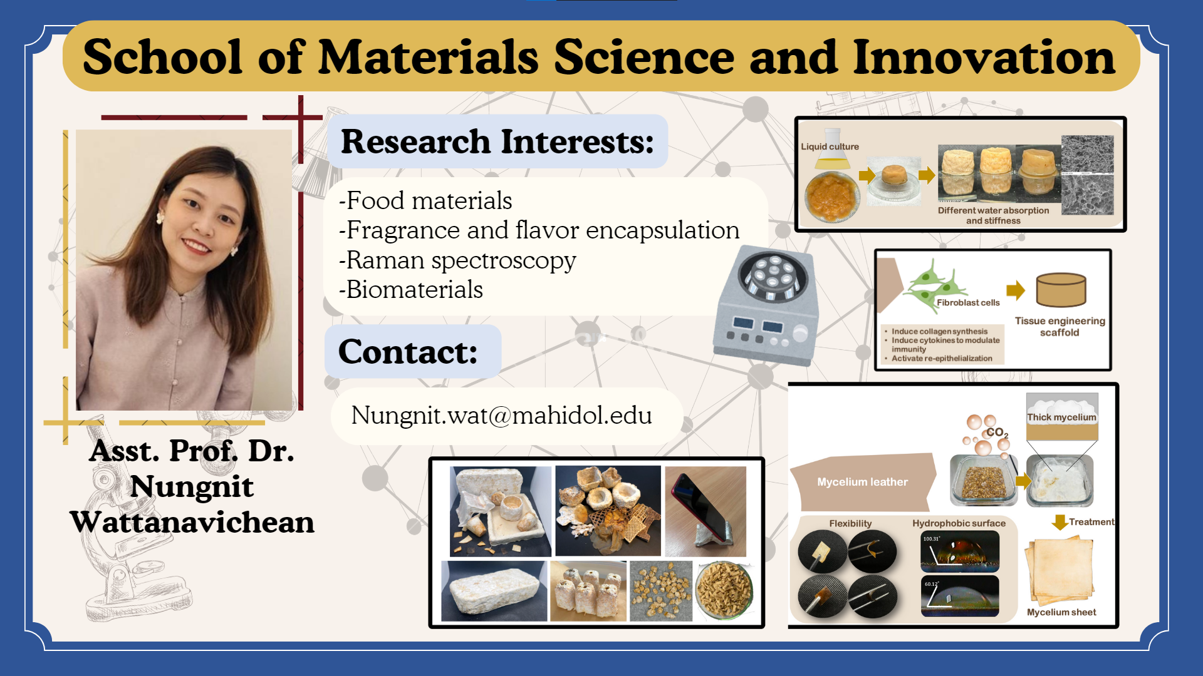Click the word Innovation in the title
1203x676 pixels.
point(984,57)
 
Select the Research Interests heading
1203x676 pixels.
point(497,141)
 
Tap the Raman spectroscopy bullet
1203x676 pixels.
point(457,260)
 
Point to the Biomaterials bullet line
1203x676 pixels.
point(411,290)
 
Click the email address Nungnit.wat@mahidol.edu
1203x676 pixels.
point(501,416)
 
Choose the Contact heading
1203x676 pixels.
point(408,352)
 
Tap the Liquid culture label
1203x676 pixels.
point(830,146)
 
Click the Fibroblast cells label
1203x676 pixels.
point(968,302)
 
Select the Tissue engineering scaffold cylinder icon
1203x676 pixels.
point(1061,290)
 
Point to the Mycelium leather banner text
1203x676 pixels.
point(862,482)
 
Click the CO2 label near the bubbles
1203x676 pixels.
point(997,433)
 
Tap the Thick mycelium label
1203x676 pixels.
point(1061,417)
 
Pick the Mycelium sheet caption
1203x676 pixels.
point(1061,612)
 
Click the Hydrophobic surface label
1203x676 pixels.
point(959,523)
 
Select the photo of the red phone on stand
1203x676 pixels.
point(706,511)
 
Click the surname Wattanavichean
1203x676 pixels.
point(192,522)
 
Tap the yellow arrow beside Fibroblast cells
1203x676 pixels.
point(1016,290)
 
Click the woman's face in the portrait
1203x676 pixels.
point(202,216)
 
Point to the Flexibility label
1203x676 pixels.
point(850,523)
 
